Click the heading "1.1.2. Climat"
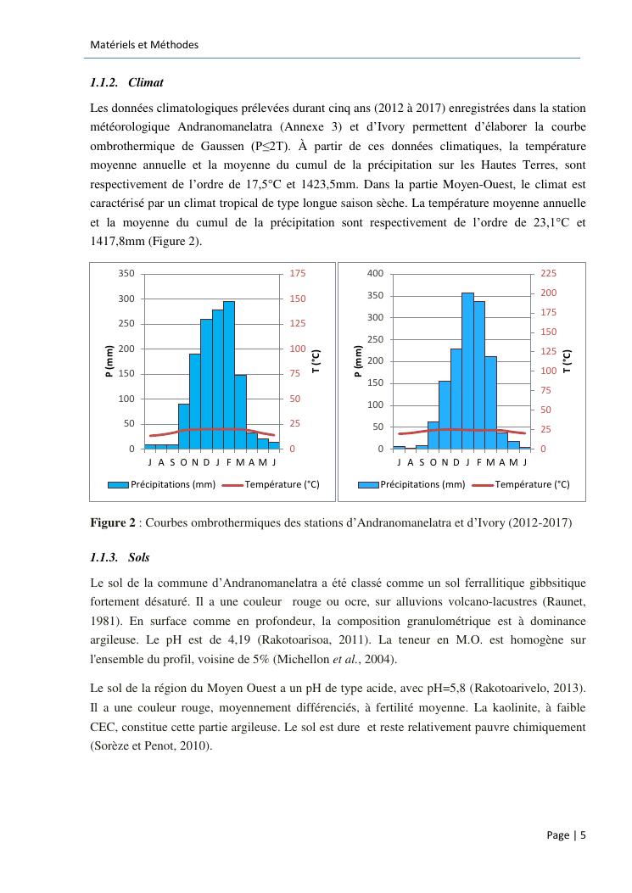[x=126, y=83]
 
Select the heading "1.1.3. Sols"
[x=121, y=558]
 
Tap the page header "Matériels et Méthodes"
[x=143, y=44]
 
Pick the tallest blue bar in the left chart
[x=229, y=375]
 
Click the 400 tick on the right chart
[x=375, y=274]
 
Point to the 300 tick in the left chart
[x=126, y=299]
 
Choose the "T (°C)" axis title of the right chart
[x=568, y=361]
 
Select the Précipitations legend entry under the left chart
[x=161, y=484]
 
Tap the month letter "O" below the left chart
[x=183, y=462]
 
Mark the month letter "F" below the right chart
[x=479, y=462]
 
